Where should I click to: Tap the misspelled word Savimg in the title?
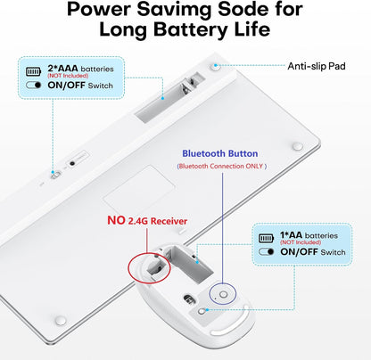(175, 9)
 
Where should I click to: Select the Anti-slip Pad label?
(317, 66)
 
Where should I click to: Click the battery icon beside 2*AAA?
(33, 71)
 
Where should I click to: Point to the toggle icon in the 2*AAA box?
(33, 85)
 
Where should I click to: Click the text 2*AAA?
(62, 69)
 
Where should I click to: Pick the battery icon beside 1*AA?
(266, 238)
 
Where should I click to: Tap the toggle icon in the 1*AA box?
(266, 251)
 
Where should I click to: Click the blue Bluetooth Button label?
(220, 153)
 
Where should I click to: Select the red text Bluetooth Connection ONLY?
(221, 166)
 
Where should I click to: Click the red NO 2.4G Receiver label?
(147, 221)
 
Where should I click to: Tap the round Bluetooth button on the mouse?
(224, 295)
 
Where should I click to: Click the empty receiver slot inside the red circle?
(156, 268)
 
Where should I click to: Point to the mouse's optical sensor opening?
(188, 299)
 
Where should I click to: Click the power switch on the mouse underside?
(202, 311)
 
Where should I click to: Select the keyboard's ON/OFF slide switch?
(55, 175)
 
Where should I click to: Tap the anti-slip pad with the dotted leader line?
(216, 67)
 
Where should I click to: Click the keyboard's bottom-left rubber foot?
(61, 321)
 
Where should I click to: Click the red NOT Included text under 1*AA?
(301, 242)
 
